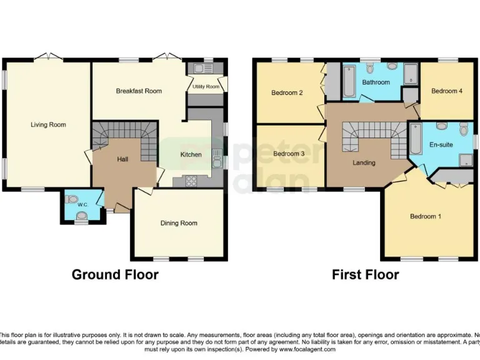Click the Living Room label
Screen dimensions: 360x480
point(48,125)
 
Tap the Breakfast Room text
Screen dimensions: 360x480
point(139,91)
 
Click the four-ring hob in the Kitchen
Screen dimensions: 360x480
point(191,181)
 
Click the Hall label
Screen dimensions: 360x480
point(122,159)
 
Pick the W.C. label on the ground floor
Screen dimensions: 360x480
point(81,204)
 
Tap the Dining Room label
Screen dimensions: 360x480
point(179,223)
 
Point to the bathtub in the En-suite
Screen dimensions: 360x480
point(416,140)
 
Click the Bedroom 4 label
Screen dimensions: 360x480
point(447,91)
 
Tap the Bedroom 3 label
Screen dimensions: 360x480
point(289,154)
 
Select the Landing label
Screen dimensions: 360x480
point(364,163)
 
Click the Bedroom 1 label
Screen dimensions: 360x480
point(426,217)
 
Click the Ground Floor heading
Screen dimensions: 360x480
point(115,274)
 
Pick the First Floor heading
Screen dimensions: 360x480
point(365,274)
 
